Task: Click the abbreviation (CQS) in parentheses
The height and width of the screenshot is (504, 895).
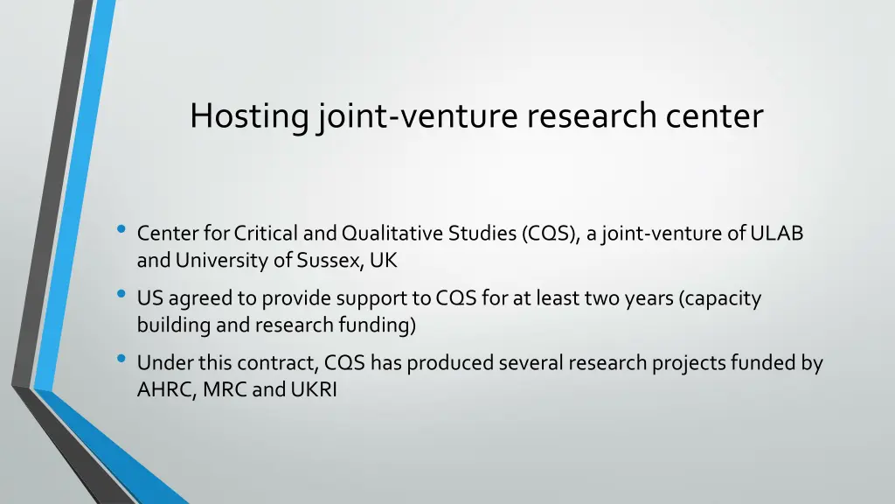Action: coord(548,234)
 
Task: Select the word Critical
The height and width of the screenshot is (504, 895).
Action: coord(266,234)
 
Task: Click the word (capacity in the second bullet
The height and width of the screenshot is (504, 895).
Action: coord(721,298)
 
